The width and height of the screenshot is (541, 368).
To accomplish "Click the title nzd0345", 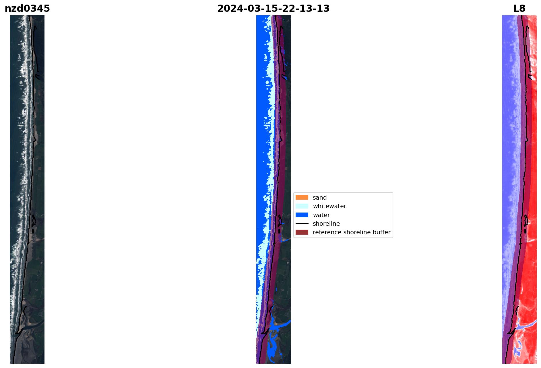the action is (27, 9).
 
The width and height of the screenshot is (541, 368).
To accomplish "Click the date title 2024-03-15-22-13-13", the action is (273, 9).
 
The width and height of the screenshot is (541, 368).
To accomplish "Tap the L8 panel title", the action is (519, 9).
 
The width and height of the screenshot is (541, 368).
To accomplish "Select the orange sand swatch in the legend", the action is (302, 197).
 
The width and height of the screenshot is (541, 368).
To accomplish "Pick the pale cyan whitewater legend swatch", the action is (302, 206).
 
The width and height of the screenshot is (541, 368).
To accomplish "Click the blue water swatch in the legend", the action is (302, 215).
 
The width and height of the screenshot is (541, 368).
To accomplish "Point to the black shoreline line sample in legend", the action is (302, 224).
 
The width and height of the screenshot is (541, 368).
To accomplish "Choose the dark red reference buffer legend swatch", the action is (302, 232).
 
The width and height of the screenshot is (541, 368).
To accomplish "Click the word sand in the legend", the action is (320, 198).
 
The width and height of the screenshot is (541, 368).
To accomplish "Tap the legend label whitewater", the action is (329, 206).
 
